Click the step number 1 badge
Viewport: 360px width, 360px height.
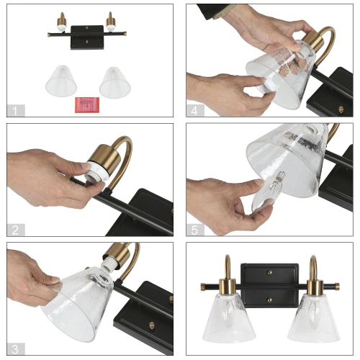[x=15, y=111]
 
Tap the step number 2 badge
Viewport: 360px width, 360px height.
[x=15, y=230]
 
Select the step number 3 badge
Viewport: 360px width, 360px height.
[x=15, y=348]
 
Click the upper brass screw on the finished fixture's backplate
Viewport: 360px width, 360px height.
[x=271, y=273]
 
